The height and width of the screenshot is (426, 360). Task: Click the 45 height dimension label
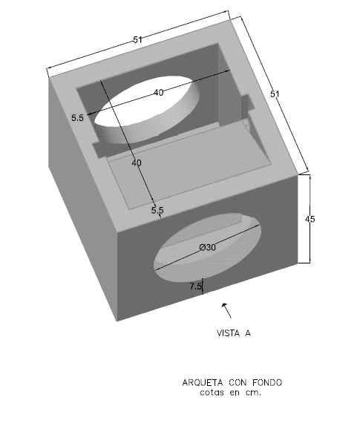[x=310, y=219]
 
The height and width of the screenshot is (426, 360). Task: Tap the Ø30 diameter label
[x=208, y=247]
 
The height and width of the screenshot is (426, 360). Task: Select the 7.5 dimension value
[x=195, y=286]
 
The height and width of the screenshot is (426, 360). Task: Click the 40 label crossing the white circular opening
[x=159, y=93]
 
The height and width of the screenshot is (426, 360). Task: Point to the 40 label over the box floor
[x=137, y=163]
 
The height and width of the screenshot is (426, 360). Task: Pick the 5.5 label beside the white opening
[x=77, y=118]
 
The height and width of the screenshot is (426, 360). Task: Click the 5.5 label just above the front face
[x=157, y=210]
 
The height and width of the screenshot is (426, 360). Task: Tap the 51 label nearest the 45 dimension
[x=275, y=94]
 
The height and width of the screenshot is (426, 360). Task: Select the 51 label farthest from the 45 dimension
[x=137, y=39]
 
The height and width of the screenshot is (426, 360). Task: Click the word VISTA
[x=228, y=333]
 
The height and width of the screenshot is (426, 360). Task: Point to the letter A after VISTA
[x=248, y=333]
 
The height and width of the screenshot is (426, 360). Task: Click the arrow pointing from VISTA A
[x=226, y=310]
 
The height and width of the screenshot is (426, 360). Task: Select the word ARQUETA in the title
[x=203, y=383]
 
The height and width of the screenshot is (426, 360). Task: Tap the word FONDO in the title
[x=267, y=383]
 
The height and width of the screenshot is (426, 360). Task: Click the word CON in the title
[x=238, y=383]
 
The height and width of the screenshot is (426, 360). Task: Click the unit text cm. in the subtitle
[x=254, y=393]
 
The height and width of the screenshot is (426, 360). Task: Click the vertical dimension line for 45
[x=310, y=219]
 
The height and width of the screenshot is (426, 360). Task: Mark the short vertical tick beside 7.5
[x=203, y=286]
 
